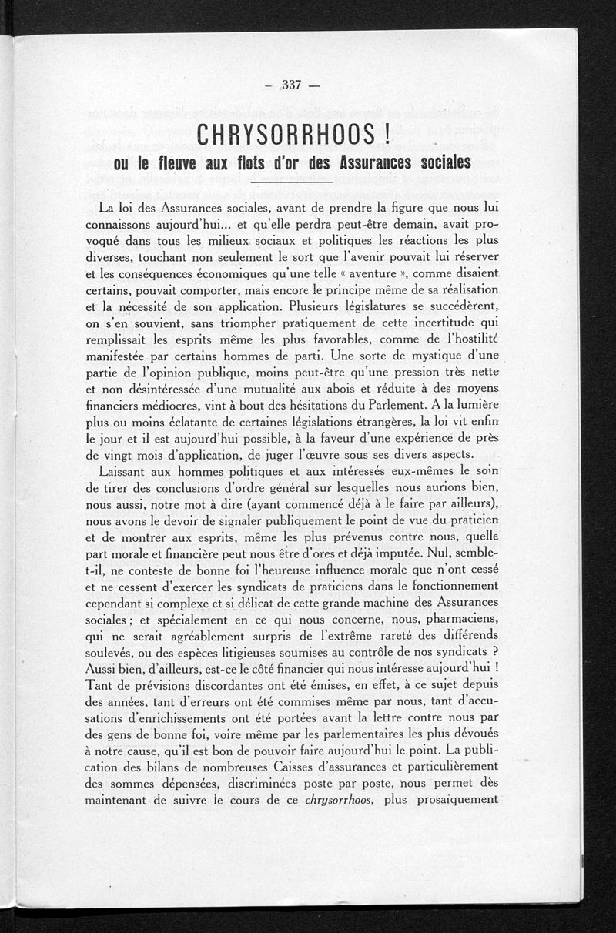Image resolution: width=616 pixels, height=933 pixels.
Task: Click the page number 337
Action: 292,85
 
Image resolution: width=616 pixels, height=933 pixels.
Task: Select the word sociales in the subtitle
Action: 435,164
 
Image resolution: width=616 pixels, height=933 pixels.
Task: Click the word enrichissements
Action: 169,701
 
